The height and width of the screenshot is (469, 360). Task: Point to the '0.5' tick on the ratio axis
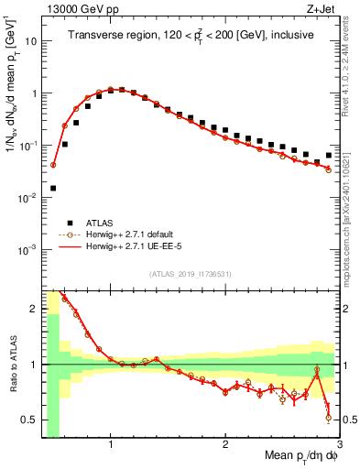(x=29, y=420)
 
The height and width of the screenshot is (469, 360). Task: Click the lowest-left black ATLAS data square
(x=53, y=188)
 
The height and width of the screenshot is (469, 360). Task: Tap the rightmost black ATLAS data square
(x=328, y=155)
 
